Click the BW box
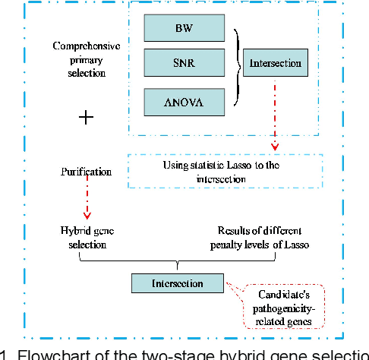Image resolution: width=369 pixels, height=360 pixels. pyautogui.click(x=184, y=28)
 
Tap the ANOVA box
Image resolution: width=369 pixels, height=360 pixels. pyautogui.click(x=184, y=100)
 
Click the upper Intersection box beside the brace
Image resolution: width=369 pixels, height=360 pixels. pyautogui.click(x=275, y=63)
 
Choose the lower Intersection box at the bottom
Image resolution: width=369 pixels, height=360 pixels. pyautogui.click(x=178, y=283)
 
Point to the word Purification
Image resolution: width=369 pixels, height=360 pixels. pyautogui.click(x=86, y=172)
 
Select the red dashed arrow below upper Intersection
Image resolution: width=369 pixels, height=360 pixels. pyautogui.click(x=275, y=114)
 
